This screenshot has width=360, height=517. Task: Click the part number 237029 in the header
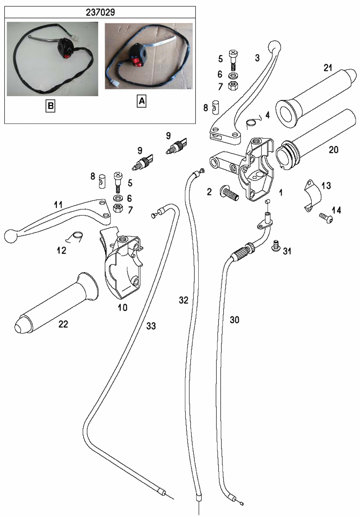pyautogui.click(x=100, y=12)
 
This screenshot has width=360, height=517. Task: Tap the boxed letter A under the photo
pyautogui.click(x=141, y=101)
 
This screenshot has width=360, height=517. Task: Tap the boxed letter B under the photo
pyautogui.click(x=50, y=106)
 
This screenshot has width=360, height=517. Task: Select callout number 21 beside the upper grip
pyautogui.click(x=328, y=68)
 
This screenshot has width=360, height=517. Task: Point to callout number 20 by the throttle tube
pyautogui.click(x=333, y=150)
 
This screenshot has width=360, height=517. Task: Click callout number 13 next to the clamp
pyautogui.click(x=326, y=186)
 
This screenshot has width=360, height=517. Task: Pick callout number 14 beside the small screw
pyautogui.click(x=336, y=210)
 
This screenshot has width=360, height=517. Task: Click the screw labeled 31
pyautogui.click(x=275, y=245)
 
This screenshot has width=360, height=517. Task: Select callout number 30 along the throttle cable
pyautogui.click(x=234, y=320)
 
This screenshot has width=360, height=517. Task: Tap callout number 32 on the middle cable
pyautogui.click(x=184, y=300)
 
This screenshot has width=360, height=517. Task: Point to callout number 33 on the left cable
pyautogui.click(x=151, y=326)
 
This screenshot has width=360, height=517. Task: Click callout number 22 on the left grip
pyautogui.click(x=63, y=324)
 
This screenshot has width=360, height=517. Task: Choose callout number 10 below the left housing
pyautogui.click(x=122, y=308)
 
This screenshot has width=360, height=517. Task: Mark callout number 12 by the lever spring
pyautogui.click(x=62, y=250)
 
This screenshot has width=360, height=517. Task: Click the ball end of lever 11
pyautogui.click(x=10, y=236)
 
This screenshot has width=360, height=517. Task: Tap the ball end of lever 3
pyautogui.click(x=275, y=47)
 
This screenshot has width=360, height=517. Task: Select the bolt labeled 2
pyautogui.click(x=229, y=193)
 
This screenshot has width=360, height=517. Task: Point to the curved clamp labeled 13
pyautogui.click(x=312, y=196)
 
